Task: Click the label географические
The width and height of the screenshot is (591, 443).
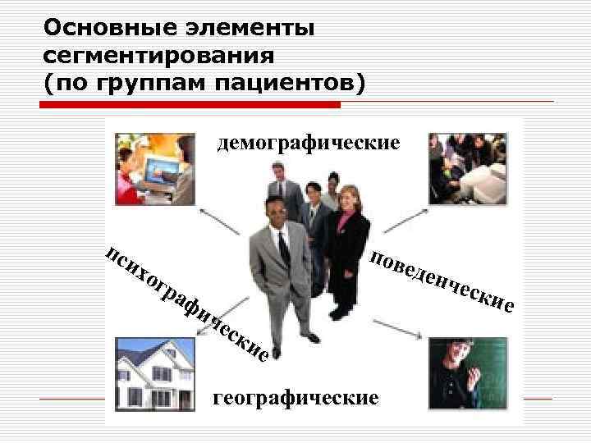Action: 295,398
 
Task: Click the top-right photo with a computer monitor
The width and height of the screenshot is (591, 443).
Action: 468,168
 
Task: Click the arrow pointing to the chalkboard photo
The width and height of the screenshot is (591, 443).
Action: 401,327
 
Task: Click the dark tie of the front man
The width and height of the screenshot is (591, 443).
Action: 283,246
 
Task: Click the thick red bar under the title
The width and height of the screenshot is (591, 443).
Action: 192,104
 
